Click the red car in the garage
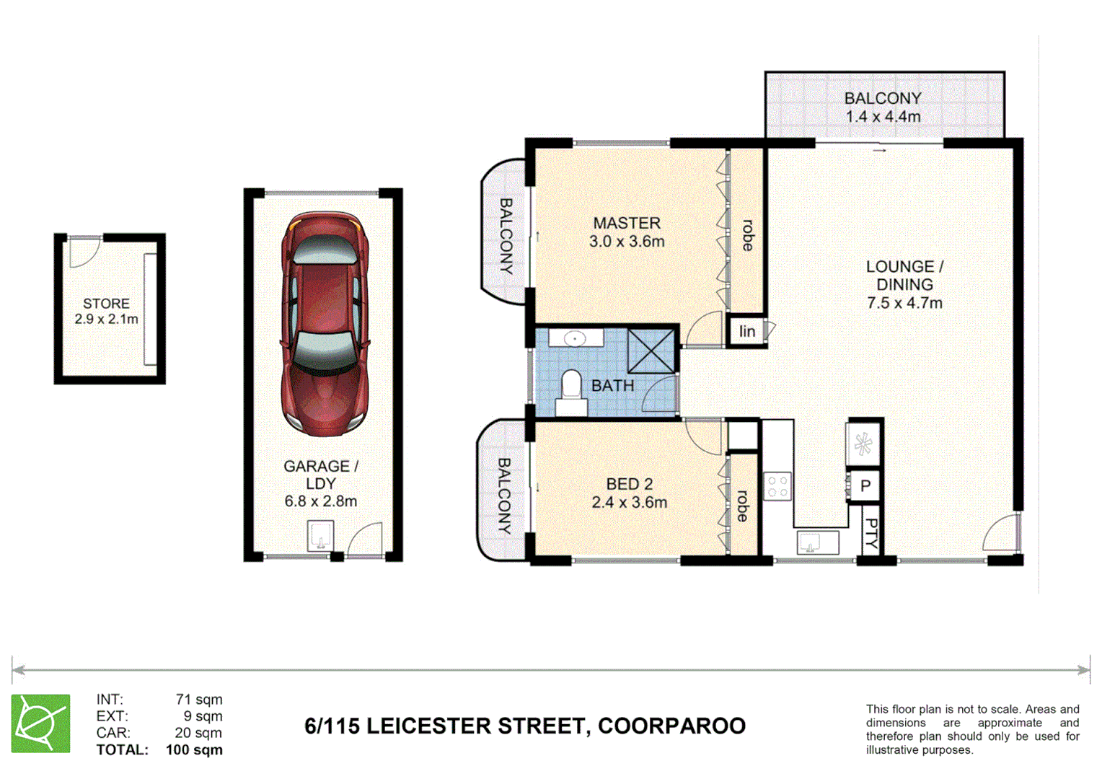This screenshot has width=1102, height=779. [325, 325]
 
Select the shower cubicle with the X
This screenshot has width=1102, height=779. [651, 351]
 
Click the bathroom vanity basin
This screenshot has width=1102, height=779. [575, 338]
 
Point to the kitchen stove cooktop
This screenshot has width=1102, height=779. [777, 485]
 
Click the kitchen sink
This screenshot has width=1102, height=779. [817, 542]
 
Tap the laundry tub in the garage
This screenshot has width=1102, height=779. [320, 535]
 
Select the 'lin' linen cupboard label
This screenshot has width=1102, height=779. [746, 331]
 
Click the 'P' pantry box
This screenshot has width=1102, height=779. [865, 486]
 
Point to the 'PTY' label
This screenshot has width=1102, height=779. [871, 533]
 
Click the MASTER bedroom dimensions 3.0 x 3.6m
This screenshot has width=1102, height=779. [627, 242]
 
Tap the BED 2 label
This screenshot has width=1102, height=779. [629, 484]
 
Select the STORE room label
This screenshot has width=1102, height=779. [106, 304]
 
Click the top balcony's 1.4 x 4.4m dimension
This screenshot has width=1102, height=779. [883, 117]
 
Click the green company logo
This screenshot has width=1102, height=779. [41, 723]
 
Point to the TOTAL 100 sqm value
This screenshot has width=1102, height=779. [194, 750]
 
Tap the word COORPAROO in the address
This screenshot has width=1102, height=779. [671, 726]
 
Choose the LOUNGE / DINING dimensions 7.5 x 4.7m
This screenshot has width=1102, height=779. [904, 304]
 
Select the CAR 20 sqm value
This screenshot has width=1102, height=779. [198, 734]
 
